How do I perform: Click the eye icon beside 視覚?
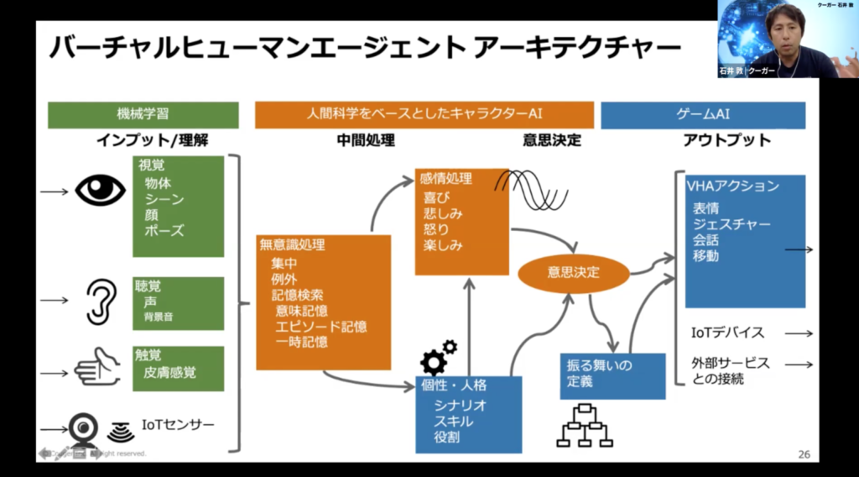100,191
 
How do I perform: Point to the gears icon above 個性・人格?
438,357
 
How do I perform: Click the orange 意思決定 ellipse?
574,271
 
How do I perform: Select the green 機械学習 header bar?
143,114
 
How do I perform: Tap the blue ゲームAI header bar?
702,114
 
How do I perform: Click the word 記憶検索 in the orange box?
298,295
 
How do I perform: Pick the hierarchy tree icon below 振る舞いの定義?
586,424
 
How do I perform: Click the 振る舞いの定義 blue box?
612,375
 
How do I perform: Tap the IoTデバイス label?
727,333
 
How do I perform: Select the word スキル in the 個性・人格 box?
454,422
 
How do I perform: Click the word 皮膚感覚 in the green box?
171,372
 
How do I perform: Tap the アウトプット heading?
726,140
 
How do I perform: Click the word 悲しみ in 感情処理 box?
444,213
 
